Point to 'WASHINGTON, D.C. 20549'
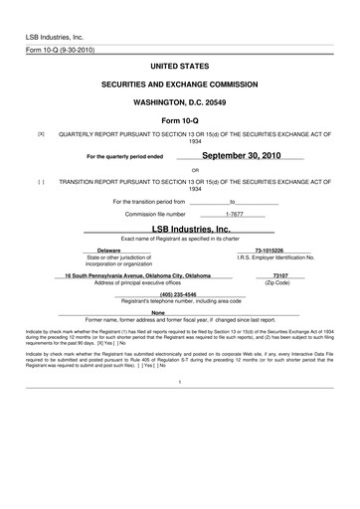tap(180, 103)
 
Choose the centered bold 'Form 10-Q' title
tap(180, 122)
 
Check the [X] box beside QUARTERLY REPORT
tap(41, 133)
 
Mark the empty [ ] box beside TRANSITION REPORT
tap(41, 182)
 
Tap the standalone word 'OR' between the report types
tap(180, 169)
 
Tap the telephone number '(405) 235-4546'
tap(178, 293)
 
